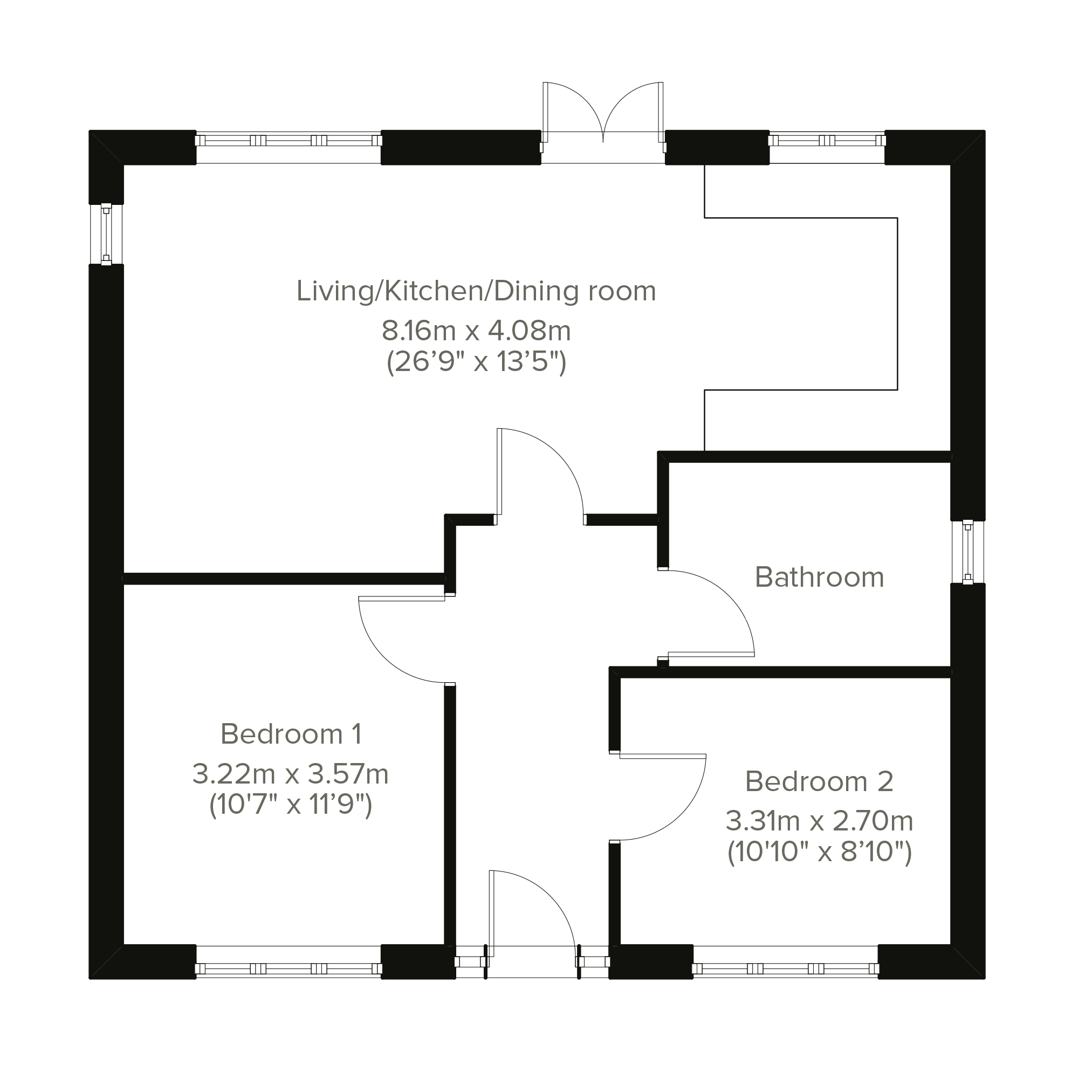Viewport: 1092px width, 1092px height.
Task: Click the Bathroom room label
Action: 820,577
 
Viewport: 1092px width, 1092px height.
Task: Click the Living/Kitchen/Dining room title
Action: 476,291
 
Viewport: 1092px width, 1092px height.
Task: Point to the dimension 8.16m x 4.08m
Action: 476,330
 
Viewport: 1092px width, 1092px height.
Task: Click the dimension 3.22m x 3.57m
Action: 291,774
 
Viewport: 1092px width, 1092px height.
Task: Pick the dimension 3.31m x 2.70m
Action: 820,821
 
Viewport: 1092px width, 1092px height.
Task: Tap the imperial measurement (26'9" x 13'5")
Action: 476,362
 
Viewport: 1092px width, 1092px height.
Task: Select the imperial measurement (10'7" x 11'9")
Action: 291,805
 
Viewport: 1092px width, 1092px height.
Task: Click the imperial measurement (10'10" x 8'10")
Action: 820,852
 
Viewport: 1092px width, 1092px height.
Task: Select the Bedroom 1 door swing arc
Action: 384,657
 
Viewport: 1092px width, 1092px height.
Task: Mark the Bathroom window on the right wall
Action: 967,552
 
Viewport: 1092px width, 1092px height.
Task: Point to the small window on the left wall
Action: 106,234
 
